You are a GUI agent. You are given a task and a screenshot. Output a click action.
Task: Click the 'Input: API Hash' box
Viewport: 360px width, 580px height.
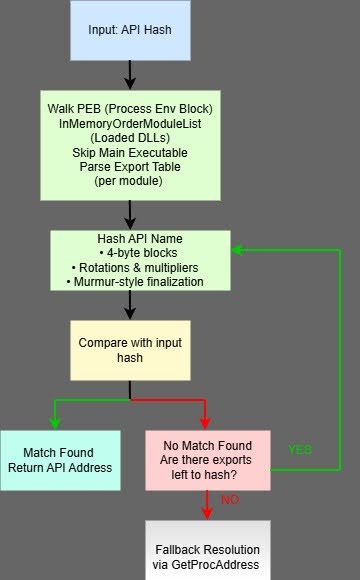click(x=129, y=29)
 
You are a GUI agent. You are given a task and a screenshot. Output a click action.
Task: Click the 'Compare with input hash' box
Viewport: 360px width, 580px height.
click(x=129, y=350)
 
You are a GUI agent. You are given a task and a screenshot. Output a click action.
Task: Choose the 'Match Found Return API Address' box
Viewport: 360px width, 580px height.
click(x=60, y=460)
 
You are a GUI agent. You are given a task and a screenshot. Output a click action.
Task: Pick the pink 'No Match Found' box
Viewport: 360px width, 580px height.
click(x=207, y=460)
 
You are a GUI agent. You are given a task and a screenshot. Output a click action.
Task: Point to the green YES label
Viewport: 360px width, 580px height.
click(x=300, y=450)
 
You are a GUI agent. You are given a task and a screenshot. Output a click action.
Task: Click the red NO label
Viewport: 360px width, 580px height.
click(x=229, y=497)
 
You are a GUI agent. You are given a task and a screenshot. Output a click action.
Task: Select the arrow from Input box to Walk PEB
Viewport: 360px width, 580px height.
click(x=129, y=74)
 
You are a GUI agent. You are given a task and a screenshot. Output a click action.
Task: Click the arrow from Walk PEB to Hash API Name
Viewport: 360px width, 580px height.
click(x=129, y=213)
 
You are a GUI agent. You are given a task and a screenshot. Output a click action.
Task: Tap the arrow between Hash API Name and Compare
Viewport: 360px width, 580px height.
click(x=129, y=305)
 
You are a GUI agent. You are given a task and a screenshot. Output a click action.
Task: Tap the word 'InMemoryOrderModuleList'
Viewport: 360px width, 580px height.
click(x=129, y=122)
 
